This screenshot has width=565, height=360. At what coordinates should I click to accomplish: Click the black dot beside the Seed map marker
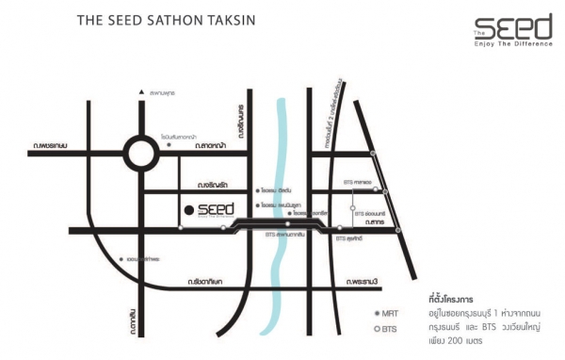[x=189, y=208]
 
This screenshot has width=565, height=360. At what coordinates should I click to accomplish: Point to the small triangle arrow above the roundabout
[x=139, y=92]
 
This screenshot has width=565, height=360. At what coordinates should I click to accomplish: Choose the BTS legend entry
[x=387, y=329]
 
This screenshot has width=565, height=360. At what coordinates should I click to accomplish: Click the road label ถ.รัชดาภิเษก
[x=206, y=281]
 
